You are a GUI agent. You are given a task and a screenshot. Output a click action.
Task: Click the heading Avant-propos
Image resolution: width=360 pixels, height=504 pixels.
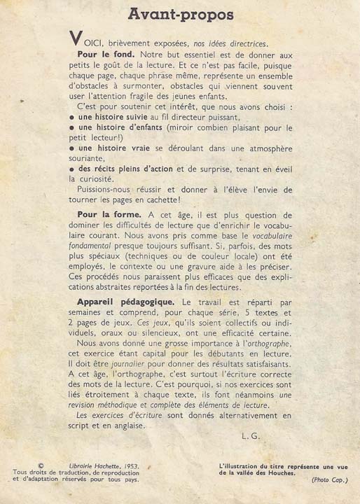[181, 15]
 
